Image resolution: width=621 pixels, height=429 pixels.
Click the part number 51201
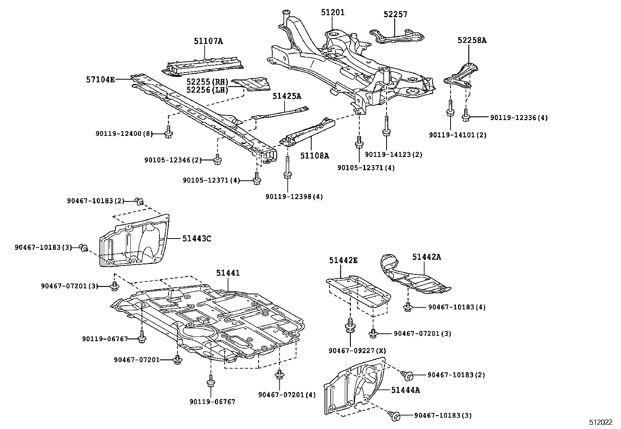[x=333, y=12]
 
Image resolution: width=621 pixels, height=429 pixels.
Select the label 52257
[x=395, y=14]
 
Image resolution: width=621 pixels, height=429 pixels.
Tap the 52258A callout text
[x=472, y=40]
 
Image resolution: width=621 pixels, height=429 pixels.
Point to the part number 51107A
[x=208, y=41]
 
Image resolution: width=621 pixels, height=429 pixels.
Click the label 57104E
[x=101, y=80]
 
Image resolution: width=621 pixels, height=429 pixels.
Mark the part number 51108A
[x=314, y=156]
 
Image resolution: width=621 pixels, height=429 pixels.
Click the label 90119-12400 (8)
[x=123, y=134]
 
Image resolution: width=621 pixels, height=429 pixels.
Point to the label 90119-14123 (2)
[x=394, y=155]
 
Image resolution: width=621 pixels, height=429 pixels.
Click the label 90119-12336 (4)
[x=519, y=117]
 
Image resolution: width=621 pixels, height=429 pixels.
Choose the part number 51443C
[x=197, y=238]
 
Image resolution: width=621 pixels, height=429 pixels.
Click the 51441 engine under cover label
[x=228, y=273]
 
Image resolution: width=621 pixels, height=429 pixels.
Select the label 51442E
[x=343, y=260]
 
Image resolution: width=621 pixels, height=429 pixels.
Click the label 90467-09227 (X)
[x=357, y=351]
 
